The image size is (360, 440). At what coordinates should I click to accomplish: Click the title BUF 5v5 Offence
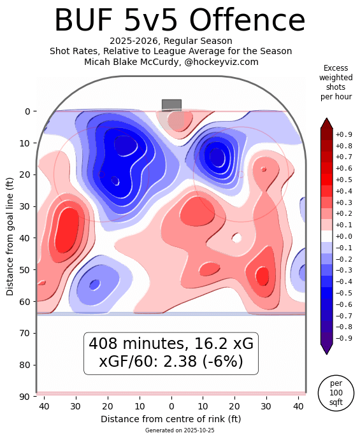coord(180,20)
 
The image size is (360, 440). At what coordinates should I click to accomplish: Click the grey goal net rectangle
coord(171,104)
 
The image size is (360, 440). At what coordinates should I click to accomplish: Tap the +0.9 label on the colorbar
coord(343,134)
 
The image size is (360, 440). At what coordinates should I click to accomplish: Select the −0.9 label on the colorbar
coord(343,338)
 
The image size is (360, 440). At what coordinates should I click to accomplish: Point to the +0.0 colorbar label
coord(343,236)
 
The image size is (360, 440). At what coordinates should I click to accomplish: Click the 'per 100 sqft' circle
coord(336,393)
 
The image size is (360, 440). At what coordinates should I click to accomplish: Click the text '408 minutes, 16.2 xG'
coord(171,344)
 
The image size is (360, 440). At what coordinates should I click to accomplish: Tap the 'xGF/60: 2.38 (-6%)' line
coord(171,362)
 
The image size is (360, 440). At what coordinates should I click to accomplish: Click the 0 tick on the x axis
coord(171,406)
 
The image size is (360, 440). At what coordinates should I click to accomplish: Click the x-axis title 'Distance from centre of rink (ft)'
coord(171,419)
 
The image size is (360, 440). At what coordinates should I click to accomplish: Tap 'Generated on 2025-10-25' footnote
coord(171,430)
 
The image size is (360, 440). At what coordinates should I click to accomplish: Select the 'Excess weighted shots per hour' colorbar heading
coord(336,82)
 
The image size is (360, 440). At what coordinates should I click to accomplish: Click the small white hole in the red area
coord(236,238)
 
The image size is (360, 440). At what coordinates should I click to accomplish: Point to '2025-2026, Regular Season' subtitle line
coord(171,41)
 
